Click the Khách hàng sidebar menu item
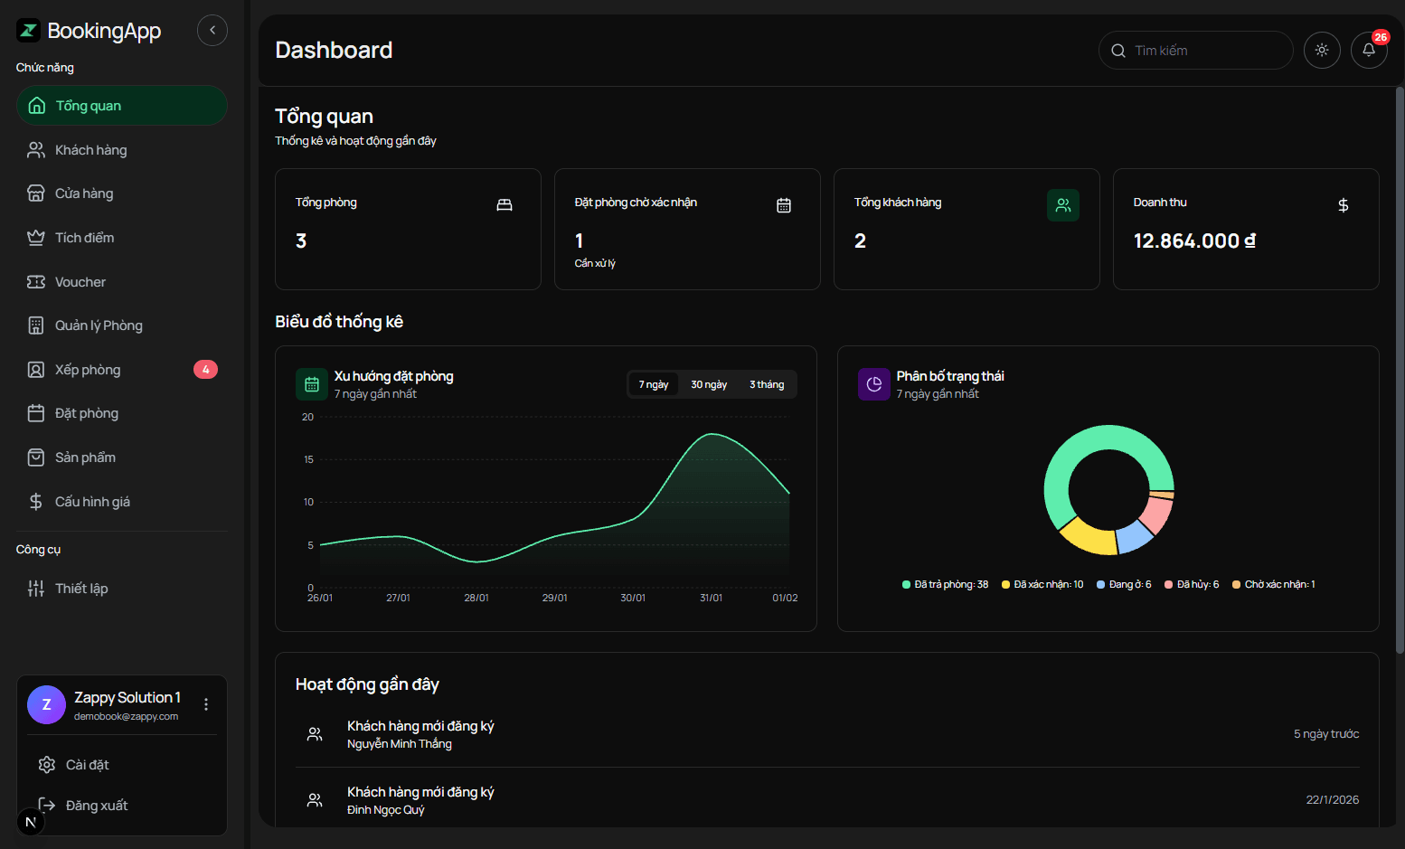point(90,150)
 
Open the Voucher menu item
point(80,282)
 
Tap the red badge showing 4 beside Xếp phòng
point(205,370)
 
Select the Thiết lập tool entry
point(80,589)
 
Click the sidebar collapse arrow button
point(212,30)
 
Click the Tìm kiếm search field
point(1202,51)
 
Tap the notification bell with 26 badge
point(1369,51)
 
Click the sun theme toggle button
point(1322,51)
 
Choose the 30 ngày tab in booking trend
point(709,384)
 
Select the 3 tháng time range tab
point(767,384)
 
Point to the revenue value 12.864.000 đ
point(1194,241)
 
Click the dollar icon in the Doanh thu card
point(1344,205)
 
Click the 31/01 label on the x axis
point(712,598)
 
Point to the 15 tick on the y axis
point(308,459)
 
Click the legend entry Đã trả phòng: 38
point(946,585)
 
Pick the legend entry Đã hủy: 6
point(1193,585)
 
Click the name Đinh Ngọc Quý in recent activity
point(385,810)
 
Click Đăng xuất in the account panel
point(96,806)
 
